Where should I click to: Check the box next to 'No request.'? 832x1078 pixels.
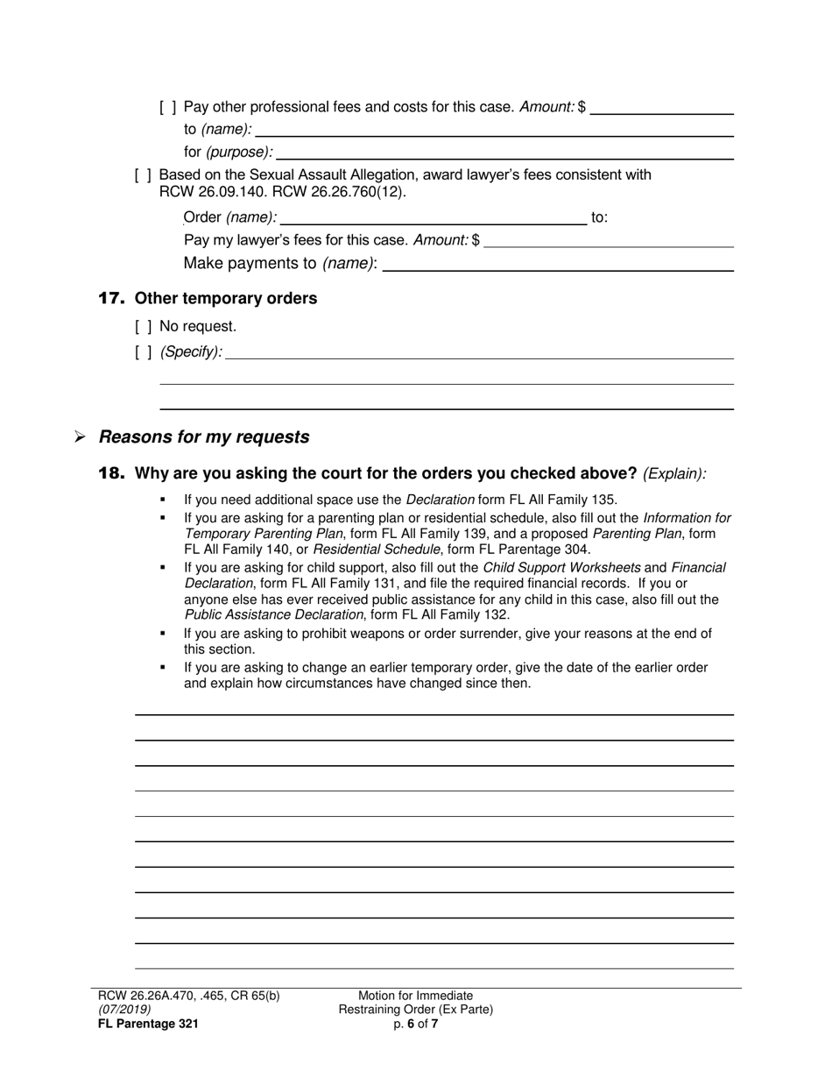pos(144,327)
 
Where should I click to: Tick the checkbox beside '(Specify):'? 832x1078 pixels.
pos(144,352)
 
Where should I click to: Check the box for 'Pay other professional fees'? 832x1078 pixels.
pos(168,107)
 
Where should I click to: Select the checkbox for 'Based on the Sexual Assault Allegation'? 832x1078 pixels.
pos(144,175)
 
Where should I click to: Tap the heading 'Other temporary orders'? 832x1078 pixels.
pos(226,299)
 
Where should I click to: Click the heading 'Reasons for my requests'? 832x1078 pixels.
pos(204,436)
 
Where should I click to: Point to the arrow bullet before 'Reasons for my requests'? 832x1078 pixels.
pos(80,436)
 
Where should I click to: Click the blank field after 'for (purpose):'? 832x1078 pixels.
pos(504,152)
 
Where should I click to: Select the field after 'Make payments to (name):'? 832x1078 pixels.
pos(558,264)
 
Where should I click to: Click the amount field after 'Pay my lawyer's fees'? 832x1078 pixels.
pos(608,240)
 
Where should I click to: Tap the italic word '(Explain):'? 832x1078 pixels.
pos(674,474)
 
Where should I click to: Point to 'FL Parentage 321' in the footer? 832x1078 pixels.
pos(149,1024)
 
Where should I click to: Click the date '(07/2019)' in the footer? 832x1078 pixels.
pos(124,1010)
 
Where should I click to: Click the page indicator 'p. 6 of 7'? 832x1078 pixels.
pos(416,1024)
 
